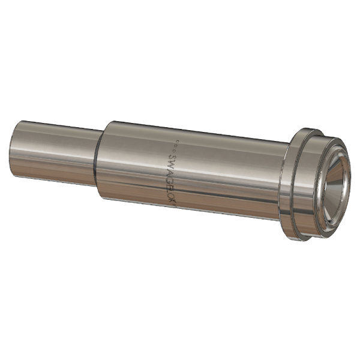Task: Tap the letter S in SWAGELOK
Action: point(170,154)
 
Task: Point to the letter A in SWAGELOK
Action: point(171,169)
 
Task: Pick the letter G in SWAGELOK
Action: point(172,176)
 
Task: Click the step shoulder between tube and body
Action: point(98,159)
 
